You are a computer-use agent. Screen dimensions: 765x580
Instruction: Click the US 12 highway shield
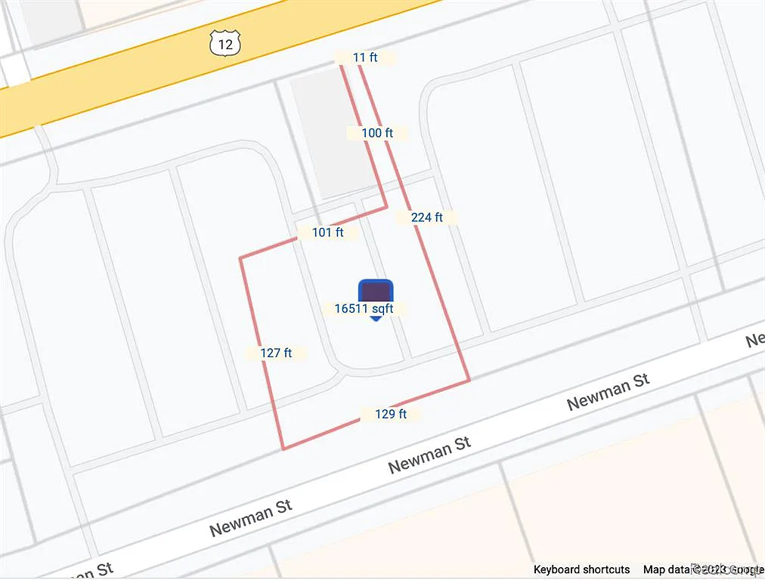click(225, 45)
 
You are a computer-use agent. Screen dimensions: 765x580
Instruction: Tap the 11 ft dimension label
click(365, 57)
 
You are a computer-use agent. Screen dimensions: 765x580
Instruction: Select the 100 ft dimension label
click(377, 133)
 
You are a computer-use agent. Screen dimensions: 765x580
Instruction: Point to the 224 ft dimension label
click(426, 217)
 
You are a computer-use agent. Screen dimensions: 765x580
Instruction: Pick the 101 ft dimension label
click(328, 233)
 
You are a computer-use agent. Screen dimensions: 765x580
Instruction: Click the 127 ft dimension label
click(276, 353)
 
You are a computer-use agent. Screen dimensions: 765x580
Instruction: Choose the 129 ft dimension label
click(391, 414)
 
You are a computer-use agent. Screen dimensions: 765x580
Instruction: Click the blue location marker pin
click(376, 293)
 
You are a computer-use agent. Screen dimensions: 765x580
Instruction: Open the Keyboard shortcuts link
click(581, 569)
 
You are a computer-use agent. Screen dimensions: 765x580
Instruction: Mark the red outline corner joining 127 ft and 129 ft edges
click(283, 449)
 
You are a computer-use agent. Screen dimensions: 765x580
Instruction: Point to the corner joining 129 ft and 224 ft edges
click(469, 380)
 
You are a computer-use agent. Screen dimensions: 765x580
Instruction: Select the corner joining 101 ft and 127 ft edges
click(240, 258)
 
